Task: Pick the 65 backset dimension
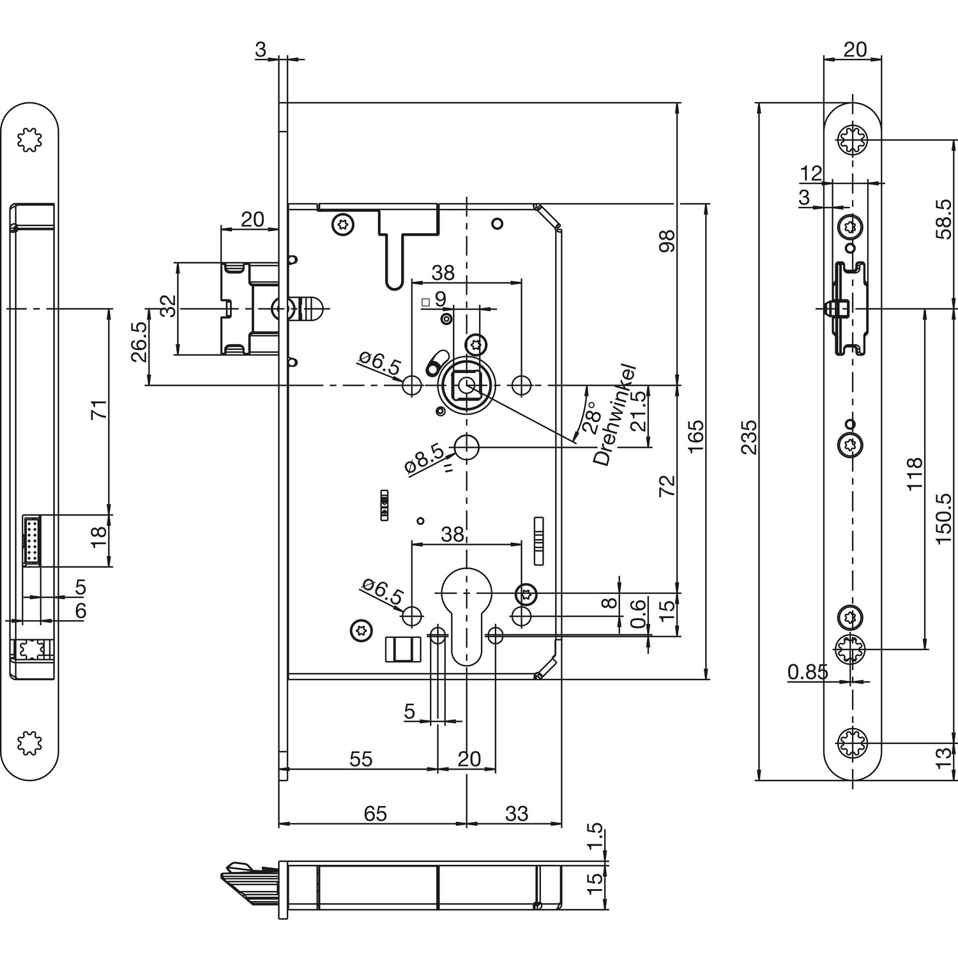pyautogui.click(x=375, y=813)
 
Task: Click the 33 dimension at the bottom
pyautogui.click(x=516, y=813)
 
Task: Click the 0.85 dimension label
pyautogui.click(x=807, y=671)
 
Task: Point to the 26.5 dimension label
pyautogui.click(x=139, y=342)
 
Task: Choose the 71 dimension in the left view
pyautogui.click(x=100, y=409)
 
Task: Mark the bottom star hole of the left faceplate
pyautogui.click(x=29, y=743)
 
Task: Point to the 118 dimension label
pyautogui.click(x=915, y=473)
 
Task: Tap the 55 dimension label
pyautogui.click(x=361, y=759)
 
